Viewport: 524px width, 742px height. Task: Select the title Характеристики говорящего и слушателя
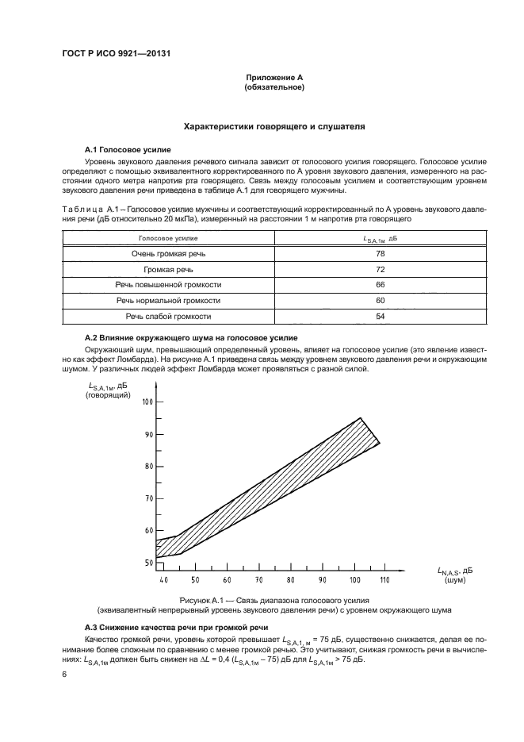coord(274,126)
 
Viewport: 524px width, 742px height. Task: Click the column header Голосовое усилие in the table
coord(168,238)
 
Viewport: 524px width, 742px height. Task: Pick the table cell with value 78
coord(380,254)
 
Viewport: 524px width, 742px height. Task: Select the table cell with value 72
coord(380,269)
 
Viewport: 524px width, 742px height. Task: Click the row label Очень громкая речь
coord(168,254)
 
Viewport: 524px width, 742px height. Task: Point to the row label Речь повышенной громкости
coord(168,285)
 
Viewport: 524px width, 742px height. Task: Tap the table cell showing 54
coord(380,317)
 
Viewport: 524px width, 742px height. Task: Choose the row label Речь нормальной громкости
coord(168,301)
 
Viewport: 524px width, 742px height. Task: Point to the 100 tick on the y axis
coord(147,402)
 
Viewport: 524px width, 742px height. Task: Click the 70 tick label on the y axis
coord(147,498)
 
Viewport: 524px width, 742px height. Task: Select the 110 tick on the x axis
coord(385,581)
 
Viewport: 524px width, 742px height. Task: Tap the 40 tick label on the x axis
coord(163,581)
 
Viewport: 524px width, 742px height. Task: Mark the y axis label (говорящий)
coord(108,394)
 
